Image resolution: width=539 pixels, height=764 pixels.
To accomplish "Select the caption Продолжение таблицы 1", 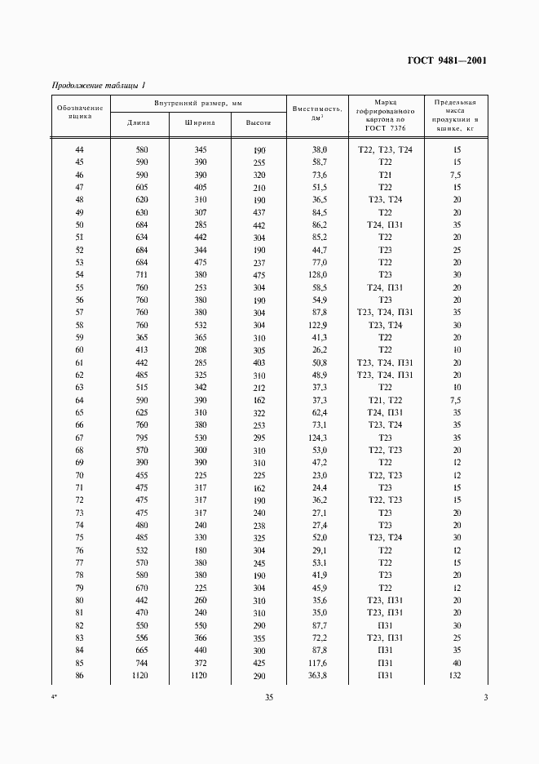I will [x=98, y=85].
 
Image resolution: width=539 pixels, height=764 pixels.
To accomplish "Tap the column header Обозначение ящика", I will [x=79, y=112].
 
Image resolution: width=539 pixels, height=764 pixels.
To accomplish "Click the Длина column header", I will [x=139, y=123].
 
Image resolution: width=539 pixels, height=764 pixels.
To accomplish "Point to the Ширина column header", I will [x=201, y=123].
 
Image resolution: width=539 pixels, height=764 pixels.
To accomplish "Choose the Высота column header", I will [x=258, y=123].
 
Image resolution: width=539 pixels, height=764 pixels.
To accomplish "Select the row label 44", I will [x=79, y=150].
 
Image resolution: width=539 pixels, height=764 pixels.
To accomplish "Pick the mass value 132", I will [x=457, y=677].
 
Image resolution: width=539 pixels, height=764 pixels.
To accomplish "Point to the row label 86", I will [x=79, y=677].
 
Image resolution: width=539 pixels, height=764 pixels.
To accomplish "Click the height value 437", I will [x=258, y=212].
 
